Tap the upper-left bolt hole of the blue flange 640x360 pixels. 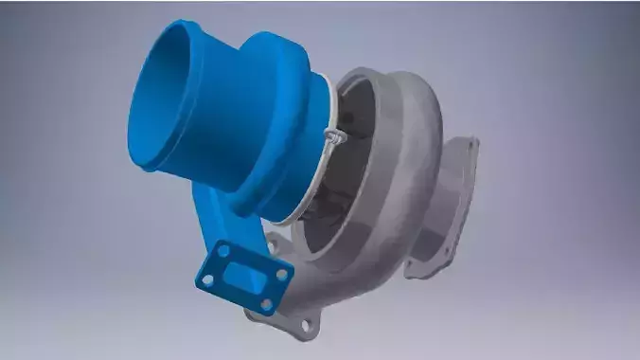(223, 251)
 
